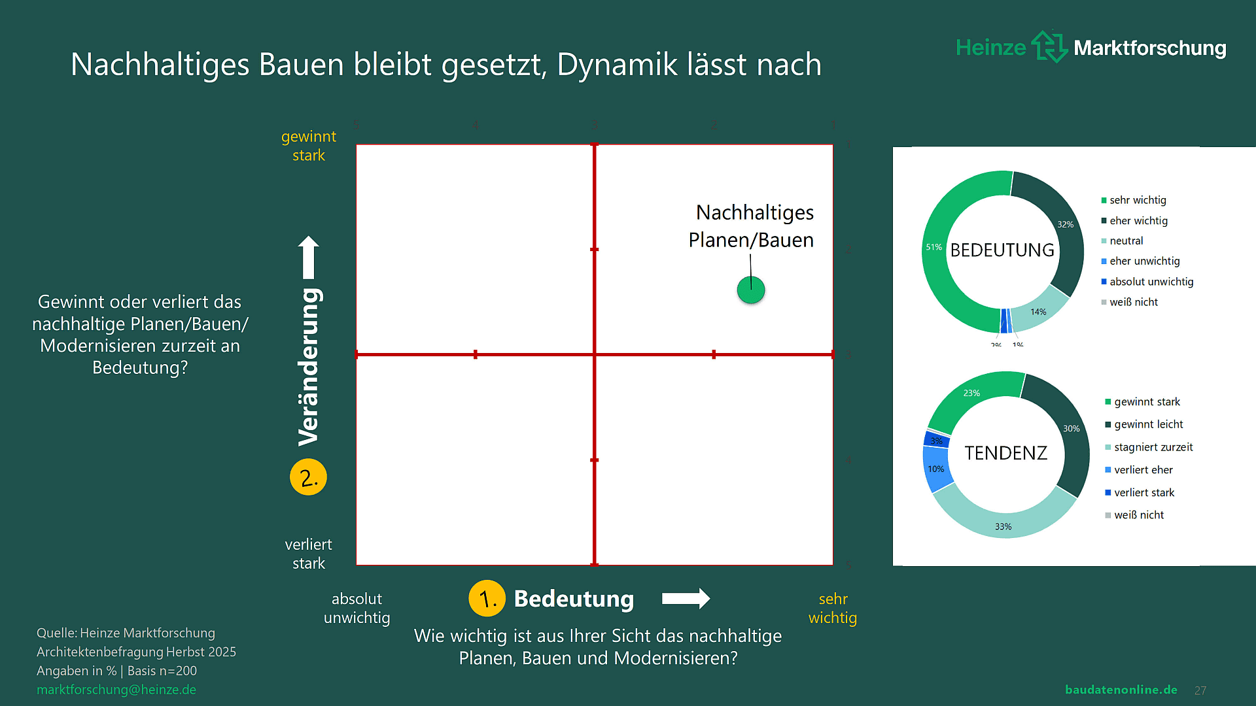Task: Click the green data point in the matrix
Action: [750, 290]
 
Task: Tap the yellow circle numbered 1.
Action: [487, 598]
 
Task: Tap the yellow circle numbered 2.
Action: [308, 477]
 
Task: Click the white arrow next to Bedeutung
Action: [686, 598]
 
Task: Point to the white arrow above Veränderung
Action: [309, 257]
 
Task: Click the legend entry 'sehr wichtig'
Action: [1138, 200]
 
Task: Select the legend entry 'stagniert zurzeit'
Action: [1153, 447]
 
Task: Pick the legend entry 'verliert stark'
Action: [1144, 492]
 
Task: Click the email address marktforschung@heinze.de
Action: [116, 690]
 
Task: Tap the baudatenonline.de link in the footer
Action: [1121, 690]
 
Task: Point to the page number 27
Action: [1200, 690]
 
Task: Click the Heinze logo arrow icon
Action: [1049, 47]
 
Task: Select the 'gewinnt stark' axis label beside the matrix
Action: [309, 146]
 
